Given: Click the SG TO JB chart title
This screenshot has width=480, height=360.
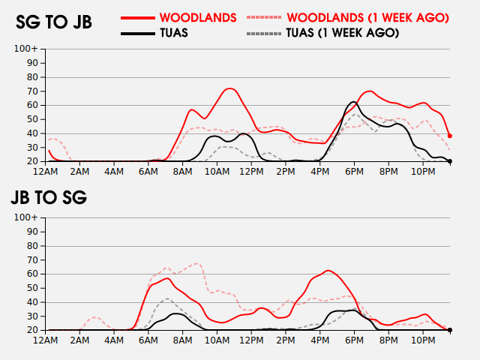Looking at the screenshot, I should (x=54, y=22).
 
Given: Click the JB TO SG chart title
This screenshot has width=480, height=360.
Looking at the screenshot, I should (x=49, y=198).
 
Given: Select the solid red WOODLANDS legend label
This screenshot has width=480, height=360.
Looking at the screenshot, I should (x=198, y=16).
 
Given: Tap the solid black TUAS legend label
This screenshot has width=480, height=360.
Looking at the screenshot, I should (x=174, y=33).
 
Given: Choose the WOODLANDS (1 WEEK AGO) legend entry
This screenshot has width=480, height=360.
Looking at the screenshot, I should (x=367, y=16).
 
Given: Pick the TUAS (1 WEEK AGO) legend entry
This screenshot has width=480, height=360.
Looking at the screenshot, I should (x=342, y=33).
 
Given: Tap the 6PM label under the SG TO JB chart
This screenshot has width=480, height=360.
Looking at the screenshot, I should (x=355, y=172).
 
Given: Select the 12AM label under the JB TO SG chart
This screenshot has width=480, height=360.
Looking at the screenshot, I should (x=46, y=340).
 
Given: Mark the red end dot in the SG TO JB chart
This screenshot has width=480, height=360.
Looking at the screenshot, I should (x=449, y=136).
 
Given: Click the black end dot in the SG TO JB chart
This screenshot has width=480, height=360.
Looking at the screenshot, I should (x=449, y=160).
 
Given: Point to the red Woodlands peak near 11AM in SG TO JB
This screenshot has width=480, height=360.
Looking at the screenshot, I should (x=229, y=88).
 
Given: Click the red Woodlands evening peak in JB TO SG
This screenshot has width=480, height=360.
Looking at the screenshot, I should (x=328, y=271).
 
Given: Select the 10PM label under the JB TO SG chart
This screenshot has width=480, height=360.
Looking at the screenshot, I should (x=423, y=340).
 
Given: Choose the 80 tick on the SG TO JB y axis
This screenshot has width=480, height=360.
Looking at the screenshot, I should (x=32, y=77).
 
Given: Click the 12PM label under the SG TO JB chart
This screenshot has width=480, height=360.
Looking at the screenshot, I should (x=252, y=172).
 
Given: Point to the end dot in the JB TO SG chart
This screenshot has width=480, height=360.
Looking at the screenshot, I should (x=449, y=330).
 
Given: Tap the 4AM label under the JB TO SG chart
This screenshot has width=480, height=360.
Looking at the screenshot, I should (x=115, y=340).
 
